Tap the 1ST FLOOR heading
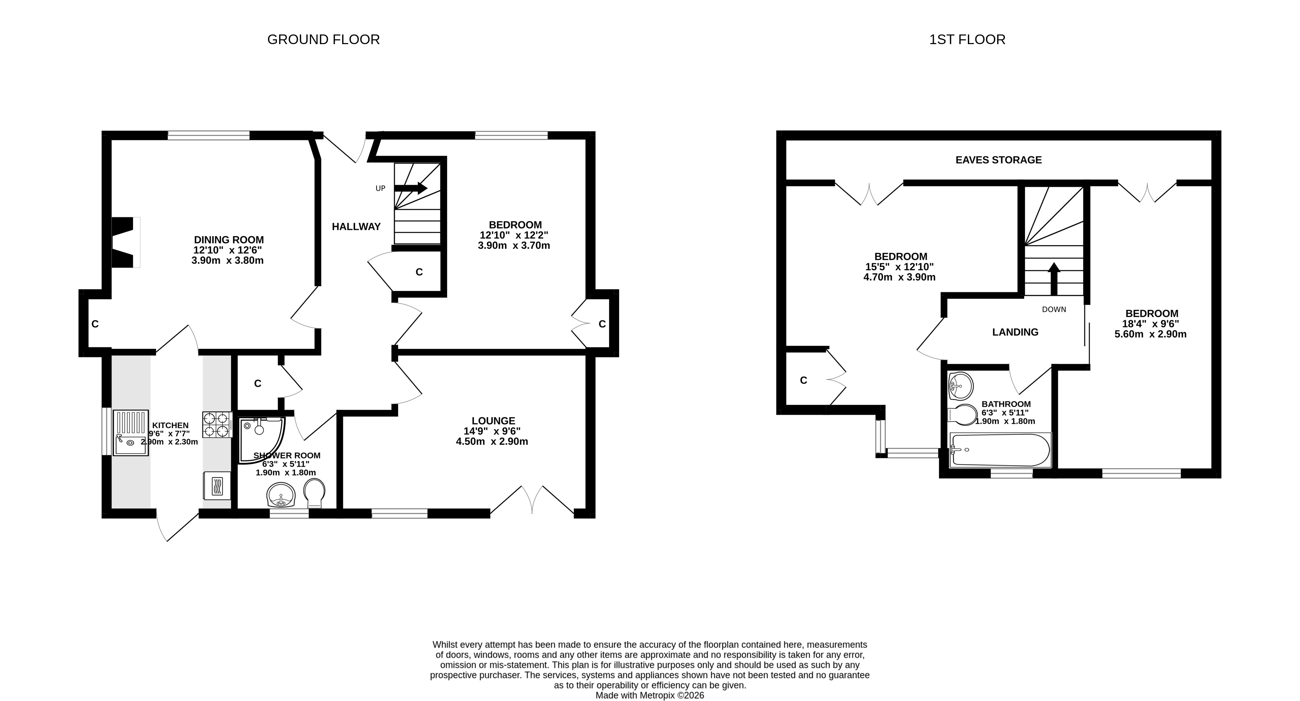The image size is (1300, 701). coord(967,39)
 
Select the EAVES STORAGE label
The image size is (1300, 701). coord(998,160)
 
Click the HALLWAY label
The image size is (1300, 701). coord(356,226)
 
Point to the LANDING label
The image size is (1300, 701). coord(1015,332)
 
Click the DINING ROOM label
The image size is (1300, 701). coord(229,240)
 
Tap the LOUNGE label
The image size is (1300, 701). coord(493,420)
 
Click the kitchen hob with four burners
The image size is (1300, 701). coord(218,424)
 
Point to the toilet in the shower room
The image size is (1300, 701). coord(314,493)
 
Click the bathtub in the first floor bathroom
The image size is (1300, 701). coord(1000,449)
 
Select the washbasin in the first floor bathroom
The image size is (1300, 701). coord(961,386)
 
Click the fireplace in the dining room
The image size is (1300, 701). coord(125,242)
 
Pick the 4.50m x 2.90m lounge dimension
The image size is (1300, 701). coord(492,442)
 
